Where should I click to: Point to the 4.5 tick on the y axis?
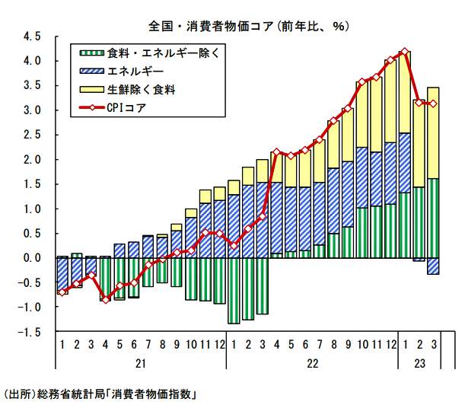(x=32, y=36)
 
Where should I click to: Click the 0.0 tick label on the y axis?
(x=32, y=258)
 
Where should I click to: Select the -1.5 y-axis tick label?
(x=30, y=332)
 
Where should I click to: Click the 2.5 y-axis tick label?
(x=32, y=135)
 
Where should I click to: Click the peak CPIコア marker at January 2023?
(x=405, y=53)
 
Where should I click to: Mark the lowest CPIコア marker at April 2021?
(x=105, y=299)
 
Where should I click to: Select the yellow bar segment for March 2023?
(x=433, y=133)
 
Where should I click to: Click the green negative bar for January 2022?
(x=234, y=291)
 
